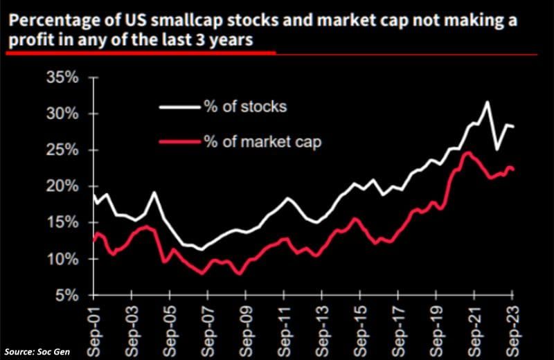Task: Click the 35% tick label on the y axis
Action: point(62,78)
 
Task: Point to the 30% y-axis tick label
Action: point(62,114)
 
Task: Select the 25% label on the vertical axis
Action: point(62,150)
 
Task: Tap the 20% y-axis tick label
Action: point(62,186)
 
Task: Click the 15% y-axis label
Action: point(62,223)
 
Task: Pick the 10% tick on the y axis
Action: point(62,259)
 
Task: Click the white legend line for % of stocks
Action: point(180,107)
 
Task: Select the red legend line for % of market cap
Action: point(180,141)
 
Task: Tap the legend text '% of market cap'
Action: point(262,141)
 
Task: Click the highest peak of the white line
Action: point(487,102)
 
